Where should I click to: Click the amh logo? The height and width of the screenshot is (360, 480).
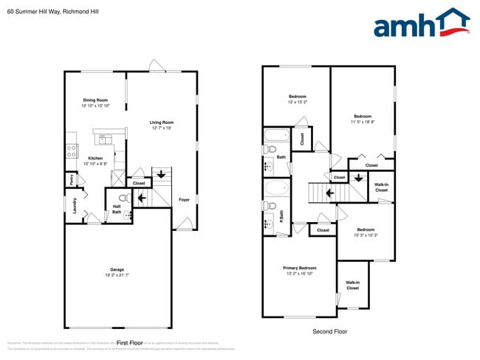tap(421, 24)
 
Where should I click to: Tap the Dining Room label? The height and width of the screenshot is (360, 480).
tap(95, 100)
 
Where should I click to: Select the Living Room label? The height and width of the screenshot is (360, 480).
tap(161, 122)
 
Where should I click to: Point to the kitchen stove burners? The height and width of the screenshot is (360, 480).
tap(72, 150)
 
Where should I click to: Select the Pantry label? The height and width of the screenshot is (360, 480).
tap(72, 179)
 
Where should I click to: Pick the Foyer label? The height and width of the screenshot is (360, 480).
tap(185, 199)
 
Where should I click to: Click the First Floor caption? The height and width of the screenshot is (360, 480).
tap(129, 343)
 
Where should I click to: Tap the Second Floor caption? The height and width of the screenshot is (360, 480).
tap(329, 331)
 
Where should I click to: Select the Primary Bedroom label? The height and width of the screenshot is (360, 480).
tap(299, 268)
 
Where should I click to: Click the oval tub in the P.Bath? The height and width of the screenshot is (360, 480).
tap(276, 189)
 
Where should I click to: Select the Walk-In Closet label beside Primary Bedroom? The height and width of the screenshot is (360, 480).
tap(352, 285)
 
